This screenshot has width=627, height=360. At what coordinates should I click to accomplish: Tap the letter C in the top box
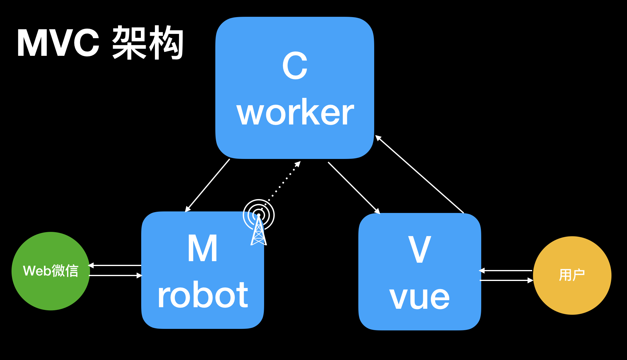[x=295, y=66]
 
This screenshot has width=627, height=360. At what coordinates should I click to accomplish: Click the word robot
[x=202, y=295]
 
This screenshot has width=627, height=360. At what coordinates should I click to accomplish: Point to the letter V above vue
[x=420, y=250]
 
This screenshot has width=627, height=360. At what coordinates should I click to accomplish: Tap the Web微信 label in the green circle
[x=51, y=271]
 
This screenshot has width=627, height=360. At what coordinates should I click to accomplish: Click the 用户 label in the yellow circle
[x=572, y=275]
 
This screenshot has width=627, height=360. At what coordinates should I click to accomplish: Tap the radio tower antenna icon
[x=259, y=223]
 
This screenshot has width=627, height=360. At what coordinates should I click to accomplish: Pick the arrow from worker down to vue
[x=354, y=188]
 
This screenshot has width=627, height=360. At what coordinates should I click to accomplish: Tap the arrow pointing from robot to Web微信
[x=115, y=265]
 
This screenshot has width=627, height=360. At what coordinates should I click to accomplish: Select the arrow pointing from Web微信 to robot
[x=115, y=275]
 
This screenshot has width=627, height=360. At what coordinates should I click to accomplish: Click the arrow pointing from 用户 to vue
[x=506, y=271]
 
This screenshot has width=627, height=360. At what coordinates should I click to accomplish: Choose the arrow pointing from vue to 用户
[x=506, y=280]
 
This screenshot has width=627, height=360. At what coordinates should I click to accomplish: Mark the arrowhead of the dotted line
[x=298, y=164]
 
